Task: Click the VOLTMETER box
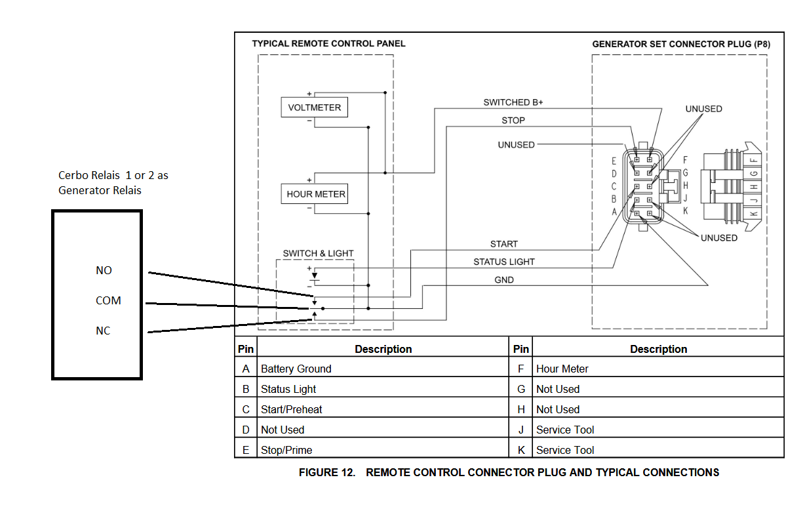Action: point(315,108)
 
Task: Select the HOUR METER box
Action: point(315,194)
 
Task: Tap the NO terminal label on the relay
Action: point(104,270)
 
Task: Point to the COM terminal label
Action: point(108,300)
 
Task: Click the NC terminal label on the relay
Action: point(103,331)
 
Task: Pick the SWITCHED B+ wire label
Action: point(513,102)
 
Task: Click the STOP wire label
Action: point(513,121)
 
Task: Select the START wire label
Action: point(504,244)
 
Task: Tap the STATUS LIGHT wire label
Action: point(504,262)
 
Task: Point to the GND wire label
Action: point(504,280)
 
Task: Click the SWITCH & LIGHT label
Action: point(318,253)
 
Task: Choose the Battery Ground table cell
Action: point(296,369)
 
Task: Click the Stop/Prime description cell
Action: point(286,450)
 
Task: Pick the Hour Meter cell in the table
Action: point(562,369)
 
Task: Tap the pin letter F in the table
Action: point(521,369)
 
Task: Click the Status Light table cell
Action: point(288,389)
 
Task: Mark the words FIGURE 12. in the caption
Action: point(327,472)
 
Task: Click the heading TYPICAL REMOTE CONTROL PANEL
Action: point(328,44)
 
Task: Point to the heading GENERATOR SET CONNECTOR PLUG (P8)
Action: point(681,44)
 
